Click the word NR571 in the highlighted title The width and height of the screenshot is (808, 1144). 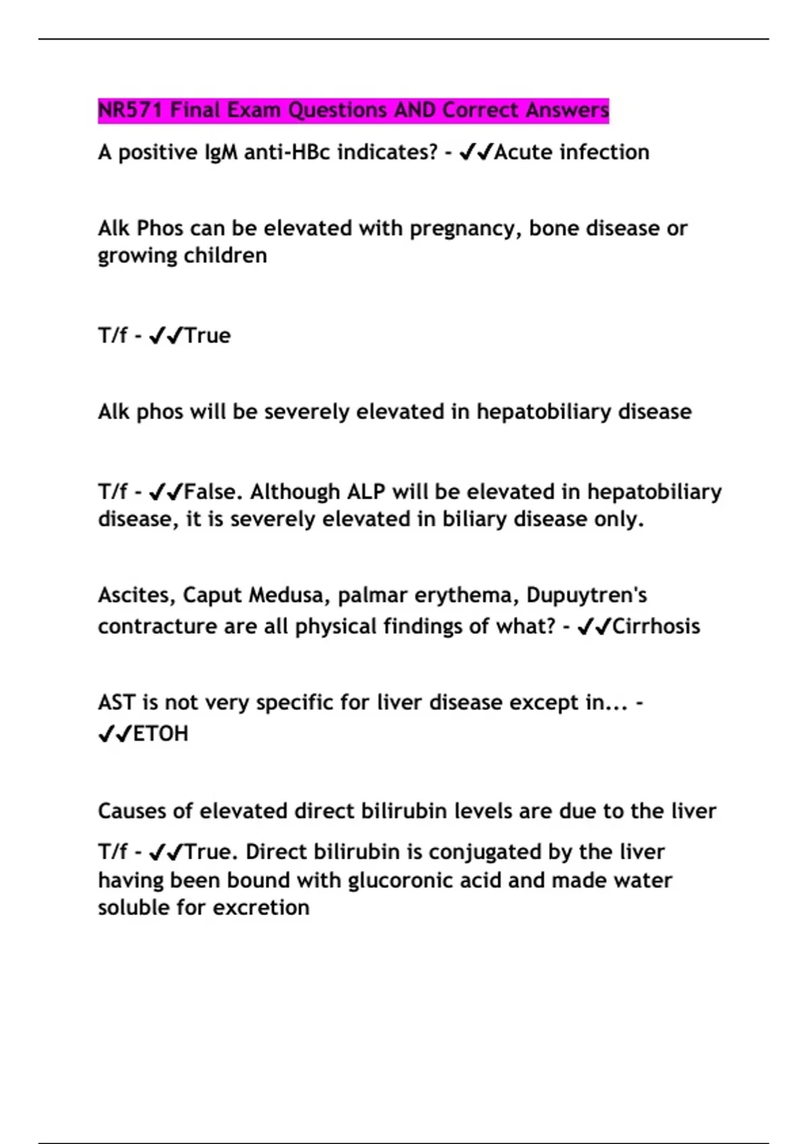tap(131, 110)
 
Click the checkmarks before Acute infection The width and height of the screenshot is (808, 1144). tap(476, 153)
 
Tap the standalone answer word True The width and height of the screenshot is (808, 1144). tap(207, 335)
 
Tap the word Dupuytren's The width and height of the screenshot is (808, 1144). tap(586, 596)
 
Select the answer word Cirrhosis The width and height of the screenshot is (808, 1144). tap(656, 627)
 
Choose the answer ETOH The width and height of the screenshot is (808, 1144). tap(161, 734)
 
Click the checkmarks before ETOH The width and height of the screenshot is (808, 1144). tap(115, 734)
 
